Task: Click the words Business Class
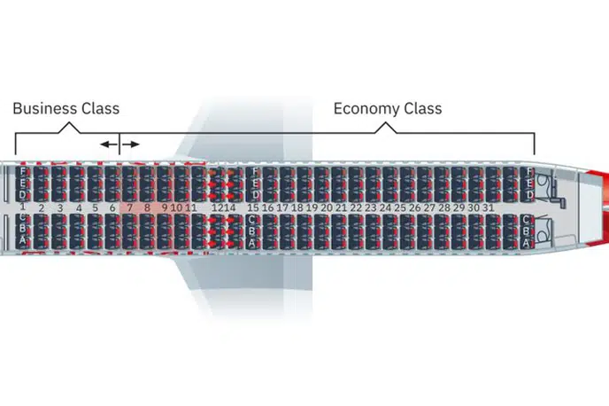(x=66, y=109)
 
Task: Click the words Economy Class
(x=387, y=109)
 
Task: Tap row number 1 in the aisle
(x=21, y=207)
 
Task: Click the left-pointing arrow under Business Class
(x=107, y=144)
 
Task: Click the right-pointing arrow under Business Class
(x=130, y=144)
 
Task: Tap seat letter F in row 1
(x=22, y=171)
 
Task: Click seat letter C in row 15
(x=253, y=220)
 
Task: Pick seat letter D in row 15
(x=253, y=194)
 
